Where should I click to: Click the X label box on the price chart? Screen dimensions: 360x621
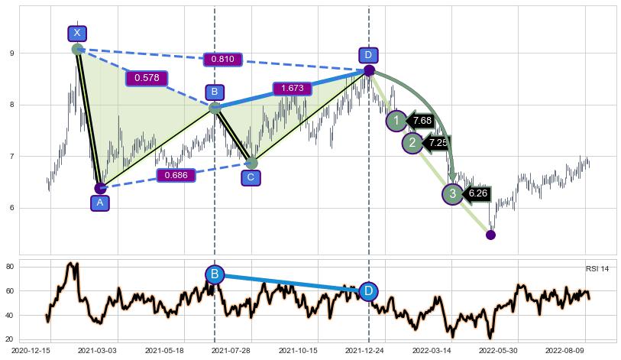coord(77,33)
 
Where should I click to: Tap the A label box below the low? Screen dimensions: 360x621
coord(99,203)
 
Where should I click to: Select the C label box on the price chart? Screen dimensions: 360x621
coord(251,178)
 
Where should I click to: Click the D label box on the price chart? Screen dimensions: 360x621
coord(368,55)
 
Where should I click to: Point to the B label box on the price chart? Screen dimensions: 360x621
coord(215,92)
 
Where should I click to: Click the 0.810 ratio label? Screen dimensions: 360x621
coord(223,60)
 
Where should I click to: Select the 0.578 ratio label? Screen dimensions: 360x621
coord(147,78)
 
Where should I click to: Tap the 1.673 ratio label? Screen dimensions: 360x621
coord(293,89)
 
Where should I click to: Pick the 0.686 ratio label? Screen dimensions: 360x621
coord(176,176)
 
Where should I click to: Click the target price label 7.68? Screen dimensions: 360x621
coord(422,121)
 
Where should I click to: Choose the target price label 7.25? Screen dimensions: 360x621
coord(438,143)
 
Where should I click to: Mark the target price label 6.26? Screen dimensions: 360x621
coord(478,194)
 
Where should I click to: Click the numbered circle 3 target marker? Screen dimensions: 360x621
coord(452,194)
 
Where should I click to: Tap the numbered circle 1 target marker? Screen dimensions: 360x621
coord(396,121)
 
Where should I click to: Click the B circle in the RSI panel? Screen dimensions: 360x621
coord(215,274)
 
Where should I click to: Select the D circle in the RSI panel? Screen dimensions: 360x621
coord(368,291)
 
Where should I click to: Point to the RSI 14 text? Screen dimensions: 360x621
coord(597,269)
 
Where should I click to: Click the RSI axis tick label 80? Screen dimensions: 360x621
coord(32,267)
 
